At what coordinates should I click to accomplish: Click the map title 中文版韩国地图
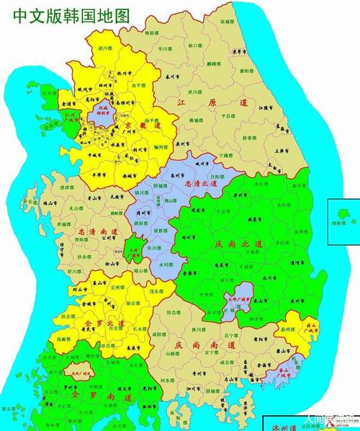pyautogui.click(x=61, y=14)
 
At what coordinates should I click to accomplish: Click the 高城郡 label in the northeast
pyautogui.click(x=228, y=22)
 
